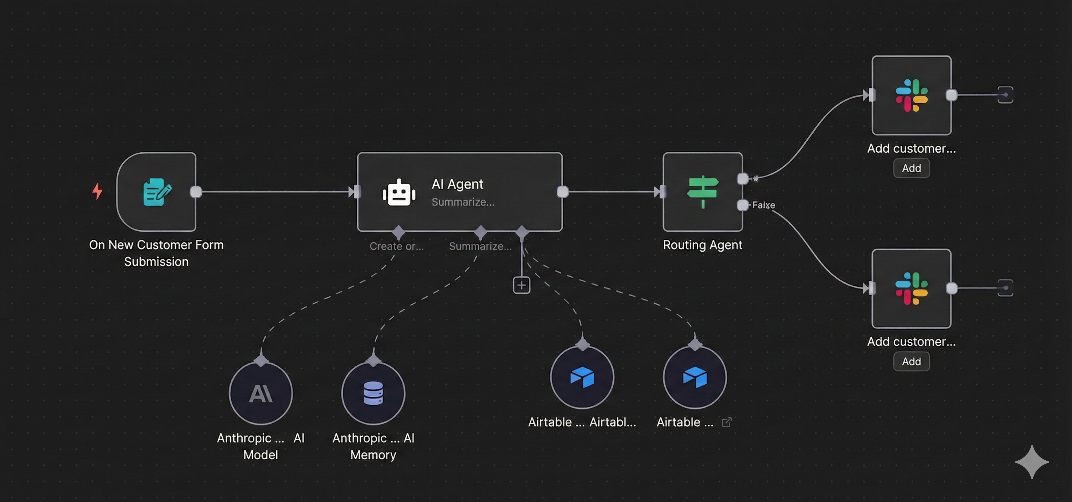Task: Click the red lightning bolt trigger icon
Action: pyautogui.click(x=97, y=191)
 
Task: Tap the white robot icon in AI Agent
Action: pyautogui.click(x=399, y=193)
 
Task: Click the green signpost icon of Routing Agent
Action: pyautogui.click(x=702, y=191)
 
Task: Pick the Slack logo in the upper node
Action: pyautogui.click(x=911, y=95)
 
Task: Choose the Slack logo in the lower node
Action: pyautogui.click(x=911, y=288)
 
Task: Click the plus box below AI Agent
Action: pyautogui.click(x=521, y=285)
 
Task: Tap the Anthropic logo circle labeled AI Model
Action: pyautogui.click(x=261, y=393)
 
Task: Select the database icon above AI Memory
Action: pyautogui.click(x=373, y=393)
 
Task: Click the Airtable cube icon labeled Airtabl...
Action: pyautogui.click(x=582, y=377)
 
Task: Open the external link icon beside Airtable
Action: pyautogui.click(x=727, y=422)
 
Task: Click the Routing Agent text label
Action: pyautogui.click(x=702, y=245)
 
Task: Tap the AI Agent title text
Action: pyautogui.click(x=457, y=184)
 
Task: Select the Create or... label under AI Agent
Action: pyautogui.click(x=397, y=246)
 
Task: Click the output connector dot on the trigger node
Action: pyautogui.click(x=196, y=192)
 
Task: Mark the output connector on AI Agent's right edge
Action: pyautogui.click(x=563, y=192)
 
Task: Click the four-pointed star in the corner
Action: pyautogui.click(x=1032, y=462)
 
